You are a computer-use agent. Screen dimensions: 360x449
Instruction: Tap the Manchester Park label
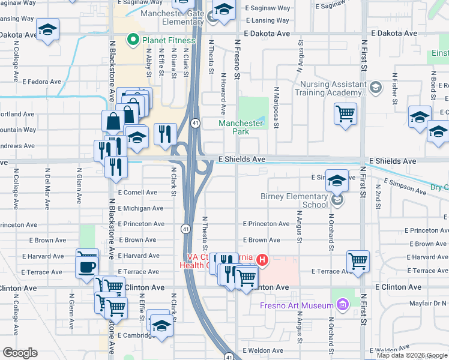pyautogui.click(x=241, y=127)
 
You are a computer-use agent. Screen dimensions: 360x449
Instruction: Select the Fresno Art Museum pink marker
pyautogui.click(x=343, y=306)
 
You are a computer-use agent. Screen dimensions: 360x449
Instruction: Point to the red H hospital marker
pyautogui.click(x=262, y=260)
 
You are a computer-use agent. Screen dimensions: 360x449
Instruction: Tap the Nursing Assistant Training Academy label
pyautogui.click(x=330, y=89)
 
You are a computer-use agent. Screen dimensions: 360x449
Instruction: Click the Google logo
pyautogui.click(x=20, y=353)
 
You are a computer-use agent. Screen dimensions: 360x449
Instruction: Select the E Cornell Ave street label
pyautogui.click(x=137, y=193)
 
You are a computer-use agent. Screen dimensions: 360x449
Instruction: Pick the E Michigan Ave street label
pyautogui.click(x=140, y=208)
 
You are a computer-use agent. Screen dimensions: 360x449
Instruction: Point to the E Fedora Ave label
pyautogui.click(x=41, y=82)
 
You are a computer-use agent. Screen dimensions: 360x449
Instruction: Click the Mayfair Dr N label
pyautogui.click(x=430, y=303)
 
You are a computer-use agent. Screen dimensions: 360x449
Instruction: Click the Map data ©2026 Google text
pyautogui.click(x=412, y=355)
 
